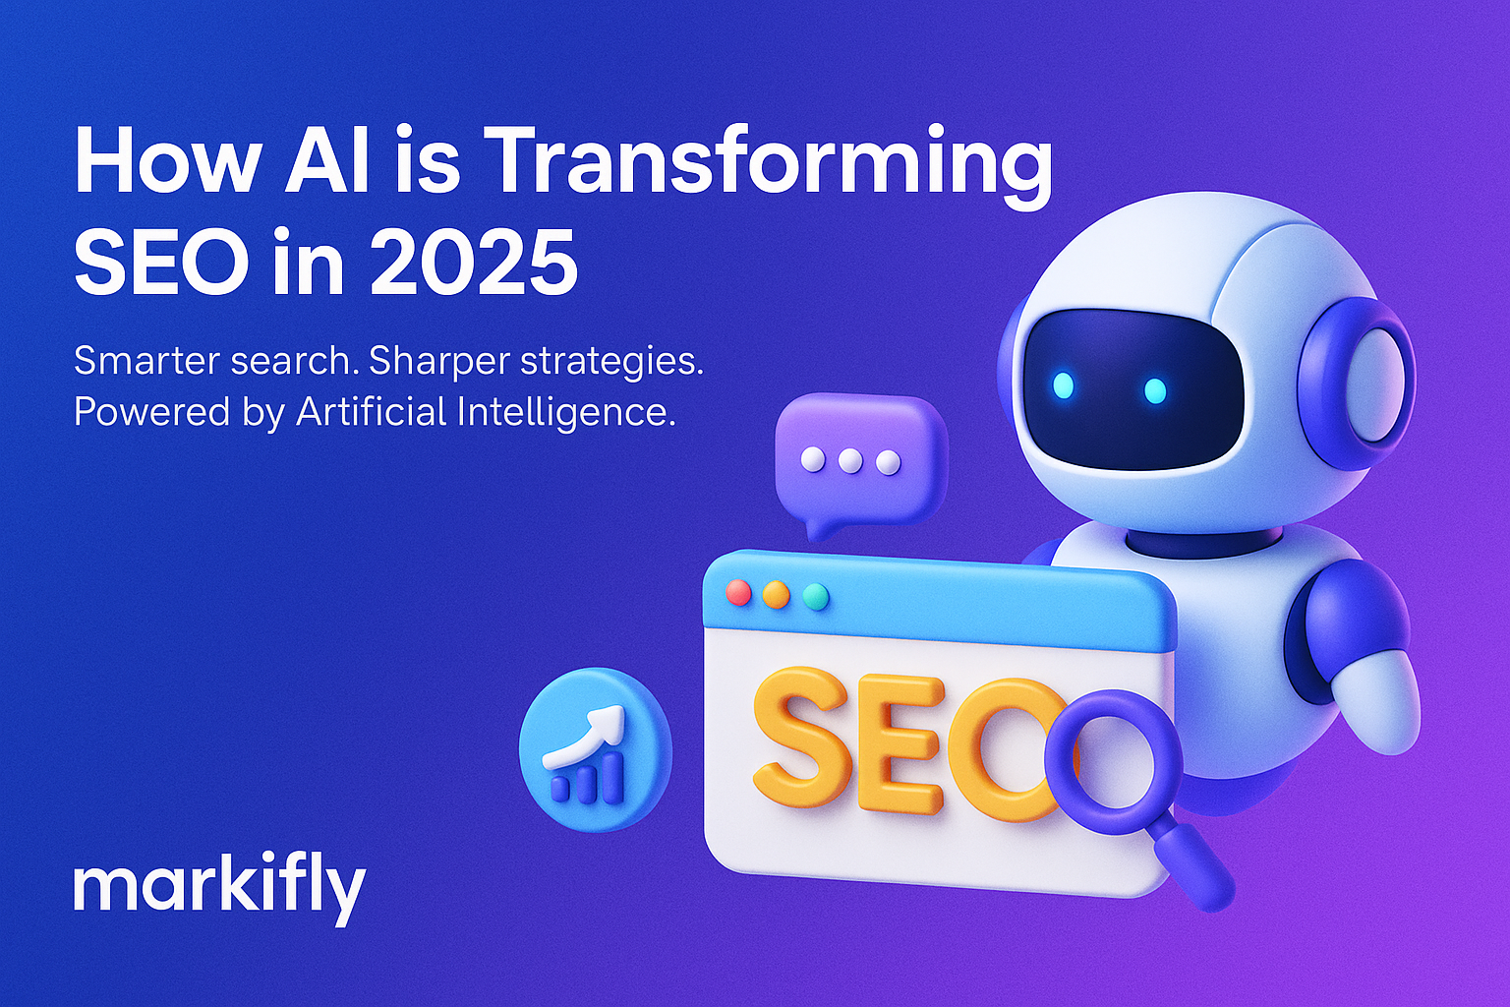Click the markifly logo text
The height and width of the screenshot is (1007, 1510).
coord(219,888)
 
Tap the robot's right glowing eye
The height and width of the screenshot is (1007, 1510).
coord(1155,390)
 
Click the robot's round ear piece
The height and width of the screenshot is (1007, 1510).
coord(1366,384)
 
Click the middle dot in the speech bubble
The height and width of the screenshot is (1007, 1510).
coord(850,460)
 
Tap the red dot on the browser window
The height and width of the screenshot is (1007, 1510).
coord(737,593)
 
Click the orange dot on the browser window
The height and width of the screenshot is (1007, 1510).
coord(777,595)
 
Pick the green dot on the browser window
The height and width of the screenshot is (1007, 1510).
coord(815,597)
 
